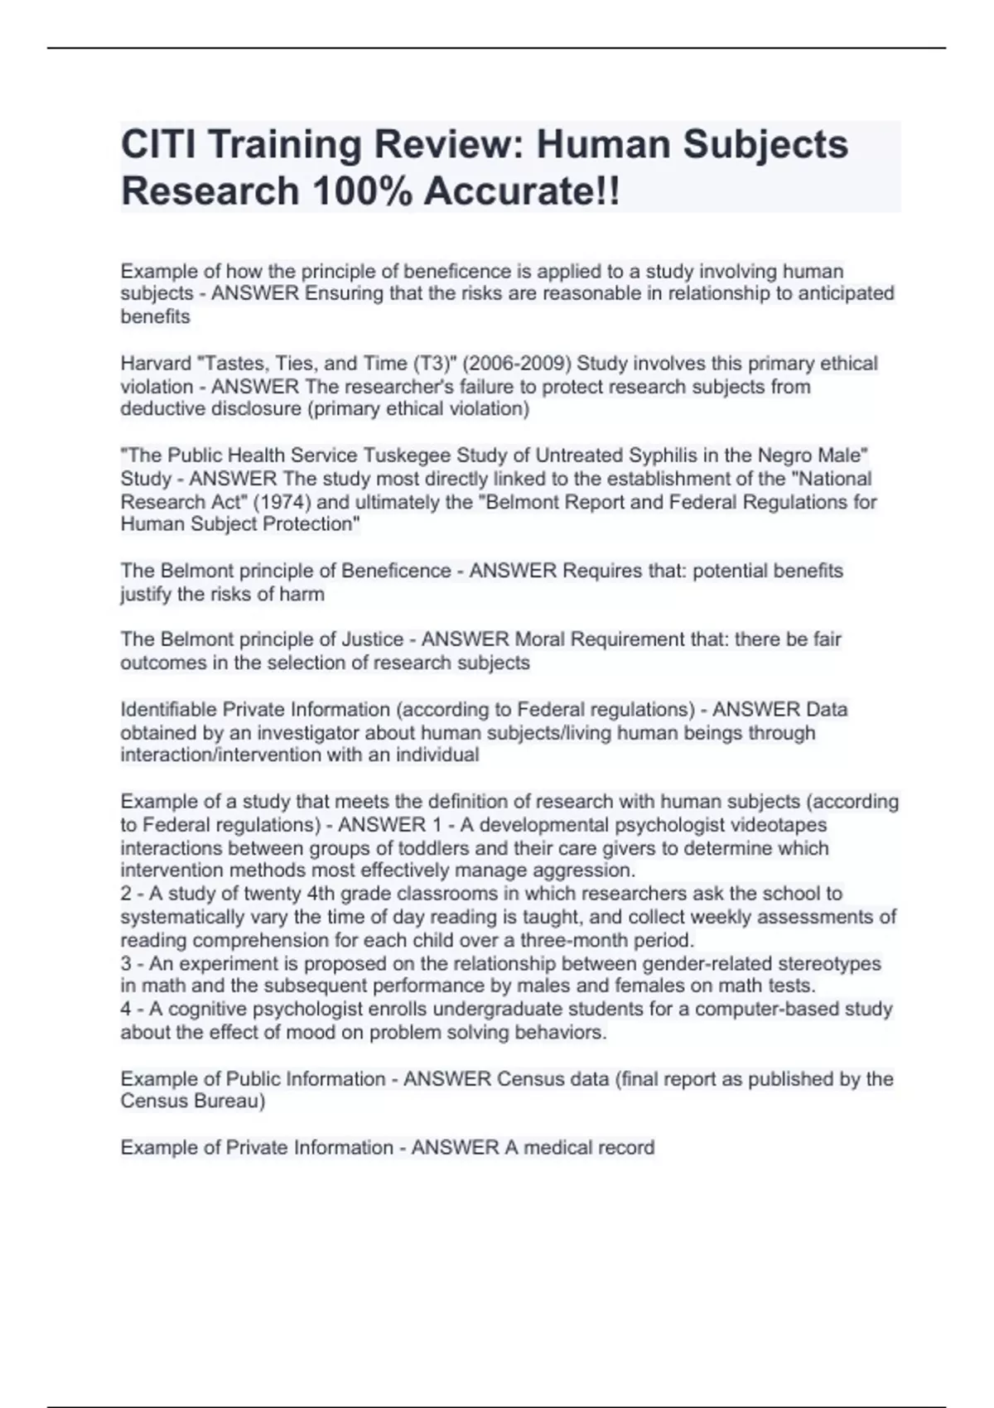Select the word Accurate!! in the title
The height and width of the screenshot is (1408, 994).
click(x=521, y=191)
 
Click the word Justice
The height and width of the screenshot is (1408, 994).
click(x=373, y=639)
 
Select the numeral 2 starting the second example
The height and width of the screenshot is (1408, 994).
click(x=126, y=894)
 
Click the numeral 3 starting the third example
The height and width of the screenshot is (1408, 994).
click(x=126, y=964)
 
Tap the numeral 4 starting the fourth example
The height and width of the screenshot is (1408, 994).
click(x=126, y=1010)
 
